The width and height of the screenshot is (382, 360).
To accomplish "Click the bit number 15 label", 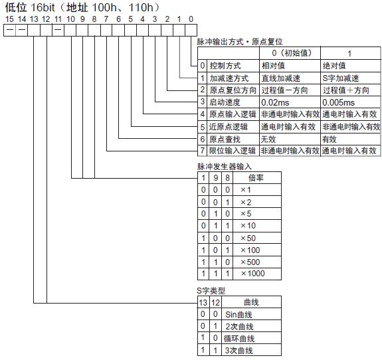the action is tap(9, 19).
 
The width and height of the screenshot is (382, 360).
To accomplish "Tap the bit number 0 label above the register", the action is tap(191, 19).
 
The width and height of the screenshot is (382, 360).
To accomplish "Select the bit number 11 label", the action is tap(58, 19).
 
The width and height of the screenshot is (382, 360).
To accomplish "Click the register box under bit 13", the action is tap(34, 30).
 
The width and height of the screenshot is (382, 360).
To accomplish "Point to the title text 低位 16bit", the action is tap(30, 7).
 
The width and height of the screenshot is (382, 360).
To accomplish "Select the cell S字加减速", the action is tap(341, 78).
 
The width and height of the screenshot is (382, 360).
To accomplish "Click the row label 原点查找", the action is tap(225, 139).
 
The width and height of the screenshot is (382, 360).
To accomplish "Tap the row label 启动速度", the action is tap(225, 102).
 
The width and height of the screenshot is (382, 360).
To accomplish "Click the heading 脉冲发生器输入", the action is tap(225, 167).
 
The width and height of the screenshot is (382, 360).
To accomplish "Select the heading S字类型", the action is tap(211, 290).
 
